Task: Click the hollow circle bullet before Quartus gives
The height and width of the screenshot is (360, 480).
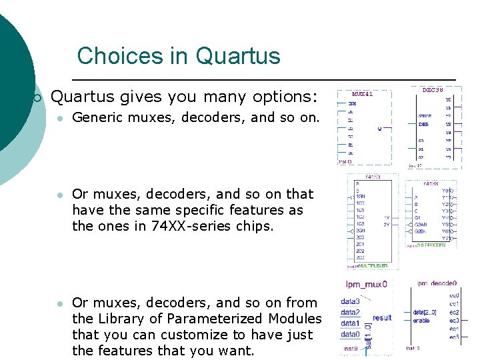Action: click(37, 98)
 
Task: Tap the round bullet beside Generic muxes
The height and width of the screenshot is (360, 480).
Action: click(59, 119)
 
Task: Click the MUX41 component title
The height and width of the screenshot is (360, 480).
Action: click(362, 94)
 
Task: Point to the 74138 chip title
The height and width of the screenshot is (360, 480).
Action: click(430, 182)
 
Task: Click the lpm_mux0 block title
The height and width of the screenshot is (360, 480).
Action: click(365, 284)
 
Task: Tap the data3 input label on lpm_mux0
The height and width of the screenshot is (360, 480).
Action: click(350, 301)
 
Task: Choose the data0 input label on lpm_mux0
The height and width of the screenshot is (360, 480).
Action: click(350, 334)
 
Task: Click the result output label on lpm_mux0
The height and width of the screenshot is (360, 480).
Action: click(382, 317)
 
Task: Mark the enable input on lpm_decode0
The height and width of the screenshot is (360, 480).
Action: click(421, 321)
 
